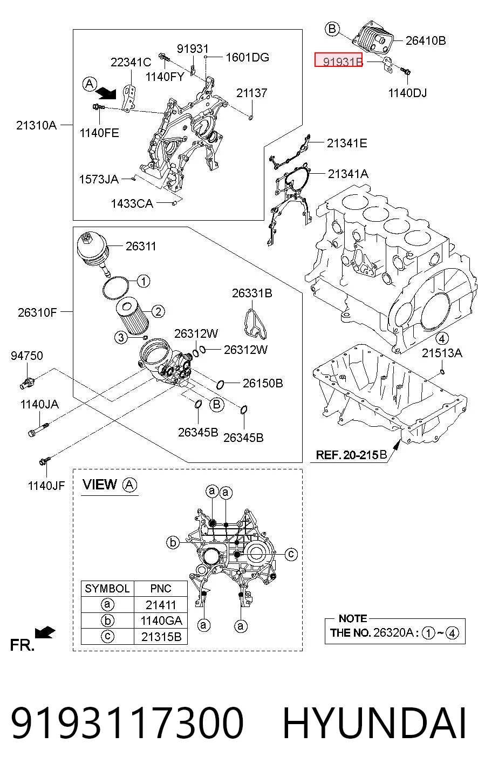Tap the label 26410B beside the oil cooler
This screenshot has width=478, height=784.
[x=426, y=40]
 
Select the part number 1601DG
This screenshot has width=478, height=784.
[x=247, y=57]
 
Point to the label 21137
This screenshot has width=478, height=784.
[x=251, y=93]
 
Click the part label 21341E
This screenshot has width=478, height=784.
[x=347, y=143]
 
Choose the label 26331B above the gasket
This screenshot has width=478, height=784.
[x=252, y=293]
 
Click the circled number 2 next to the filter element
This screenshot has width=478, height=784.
[x=158, y=311]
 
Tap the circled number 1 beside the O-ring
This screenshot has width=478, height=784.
[x=143, y=281]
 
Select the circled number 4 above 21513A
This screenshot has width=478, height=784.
[x=442, y=338]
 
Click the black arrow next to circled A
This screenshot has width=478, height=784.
[x=106, y=93]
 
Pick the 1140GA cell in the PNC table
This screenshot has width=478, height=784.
[x=161, y=621]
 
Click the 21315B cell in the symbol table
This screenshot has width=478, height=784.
[x=161, y=637]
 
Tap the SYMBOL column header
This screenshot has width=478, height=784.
[x=107, y=588]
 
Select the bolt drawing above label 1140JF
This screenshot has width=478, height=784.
[x=45, y=461]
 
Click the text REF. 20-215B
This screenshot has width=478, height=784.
[x=351, y=455]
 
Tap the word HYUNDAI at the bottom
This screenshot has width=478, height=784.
[x=374, y=723]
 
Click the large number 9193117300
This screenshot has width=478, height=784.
[x=127, y=723]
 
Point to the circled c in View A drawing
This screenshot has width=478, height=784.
[x=291, y=554]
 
